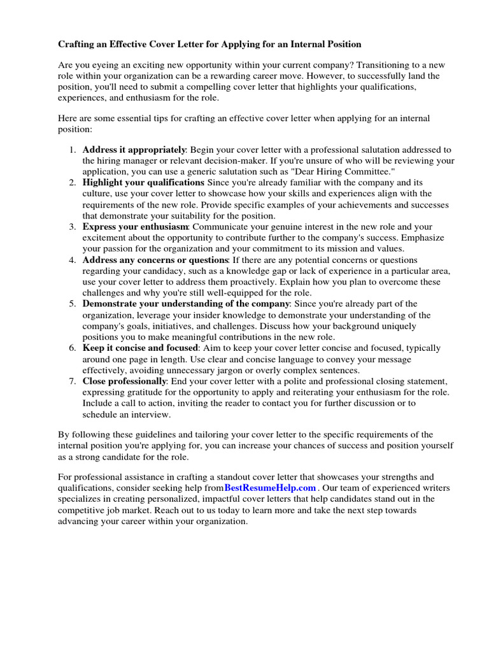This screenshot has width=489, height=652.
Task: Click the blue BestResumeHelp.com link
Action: point(270,488)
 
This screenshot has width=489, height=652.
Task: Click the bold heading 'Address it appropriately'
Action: point(134,150)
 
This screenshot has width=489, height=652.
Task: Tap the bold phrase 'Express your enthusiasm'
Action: point(135,227)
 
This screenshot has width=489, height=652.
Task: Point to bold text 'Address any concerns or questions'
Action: point(155,260)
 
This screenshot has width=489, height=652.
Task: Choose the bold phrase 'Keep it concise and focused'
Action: point(140,348)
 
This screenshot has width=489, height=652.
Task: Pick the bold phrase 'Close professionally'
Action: point(124,381)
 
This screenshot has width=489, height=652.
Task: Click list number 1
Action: point(72,150)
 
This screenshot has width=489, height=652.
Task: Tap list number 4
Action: point(72,260)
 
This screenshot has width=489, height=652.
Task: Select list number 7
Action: point(72,381)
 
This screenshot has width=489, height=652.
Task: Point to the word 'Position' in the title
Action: point(343,44)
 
